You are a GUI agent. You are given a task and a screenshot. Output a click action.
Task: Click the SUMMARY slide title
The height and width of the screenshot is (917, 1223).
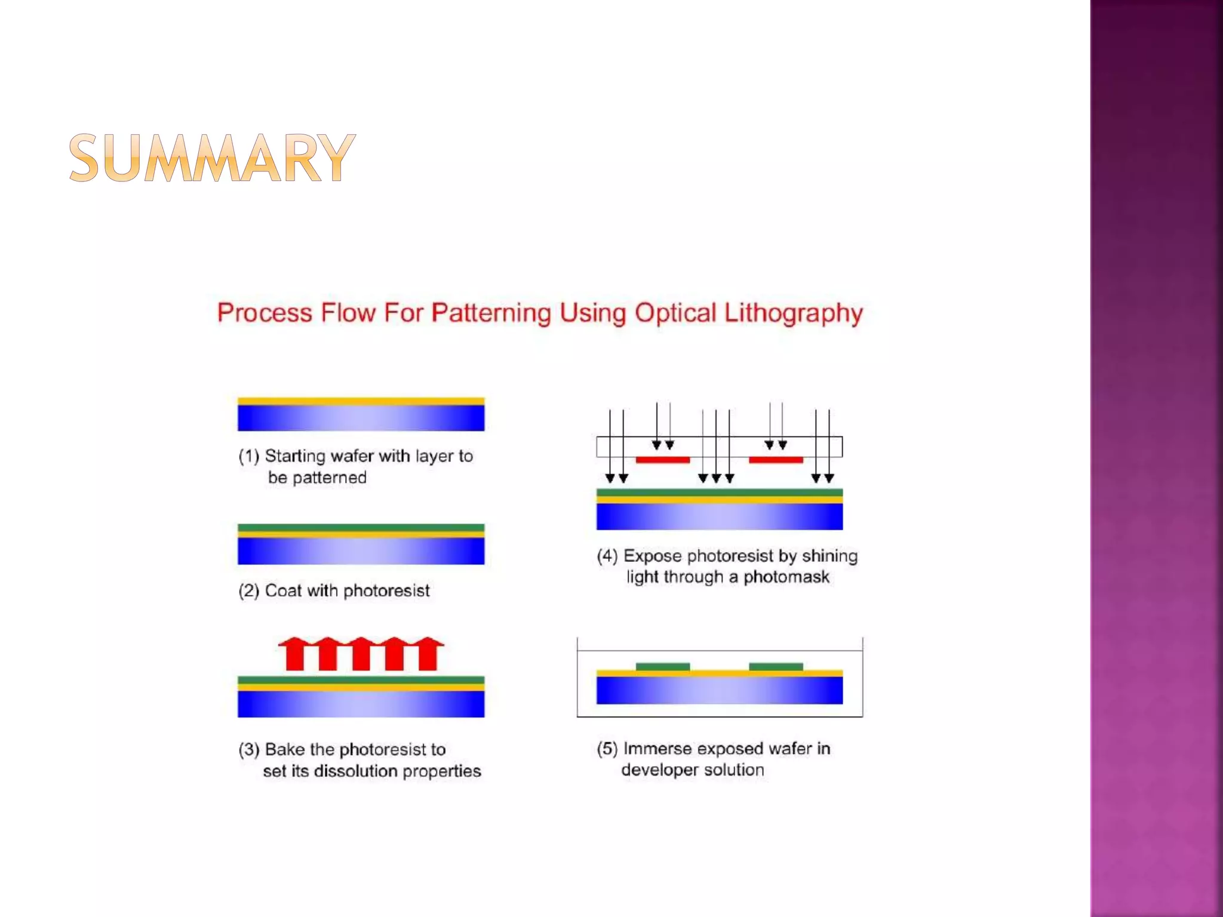pos(212,158)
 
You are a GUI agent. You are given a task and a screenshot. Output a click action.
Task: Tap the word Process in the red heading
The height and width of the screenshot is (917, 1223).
pos(265,313)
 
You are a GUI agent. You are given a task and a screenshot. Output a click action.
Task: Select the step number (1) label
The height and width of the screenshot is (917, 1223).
pos(248,456)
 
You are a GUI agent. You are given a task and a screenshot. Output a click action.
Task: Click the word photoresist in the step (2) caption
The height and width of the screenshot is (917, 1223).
pos(386,591)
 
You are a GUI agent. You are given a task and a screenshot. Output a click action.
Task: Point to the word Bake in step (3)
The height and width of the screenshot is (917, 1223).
pos(284,749)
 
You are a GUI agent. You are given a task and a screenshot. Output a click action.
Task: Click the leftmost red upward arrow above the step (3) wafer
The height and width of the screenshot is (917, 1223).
pos(294,654)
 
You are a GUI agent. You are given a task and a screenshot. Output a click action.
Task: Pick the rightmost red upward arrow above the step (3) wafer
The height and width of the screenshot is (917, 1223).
pos(429,654)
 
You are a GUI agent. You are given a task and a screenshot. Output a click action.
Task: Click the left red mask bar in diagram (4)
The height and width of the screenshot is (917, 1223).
pos(662,460)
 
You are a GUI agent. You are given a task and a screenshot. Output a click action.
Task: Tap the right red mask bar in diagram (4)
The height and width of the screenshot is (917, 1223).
pos(775,460)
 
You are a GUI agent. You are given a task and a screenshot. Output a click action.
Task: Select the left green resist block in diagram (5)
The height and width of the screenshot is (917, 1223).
pos(662,666)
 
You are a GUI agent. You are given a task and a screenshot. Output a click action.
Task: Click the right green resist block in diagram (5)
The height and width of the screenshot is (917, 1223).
pos(775,666)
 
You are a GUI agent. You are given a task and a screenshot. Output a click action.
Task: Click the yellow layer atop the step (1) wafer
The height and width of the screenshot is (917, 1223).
pos(361,401)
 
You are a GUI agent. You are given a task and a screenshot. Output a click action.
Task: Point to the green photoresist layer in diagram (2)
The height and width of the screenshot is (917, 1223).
pos(361,527)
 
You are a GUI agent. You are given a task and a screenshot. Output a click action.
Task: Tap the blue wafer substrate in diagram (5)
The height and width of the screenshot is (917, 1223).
pos(719,690)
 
